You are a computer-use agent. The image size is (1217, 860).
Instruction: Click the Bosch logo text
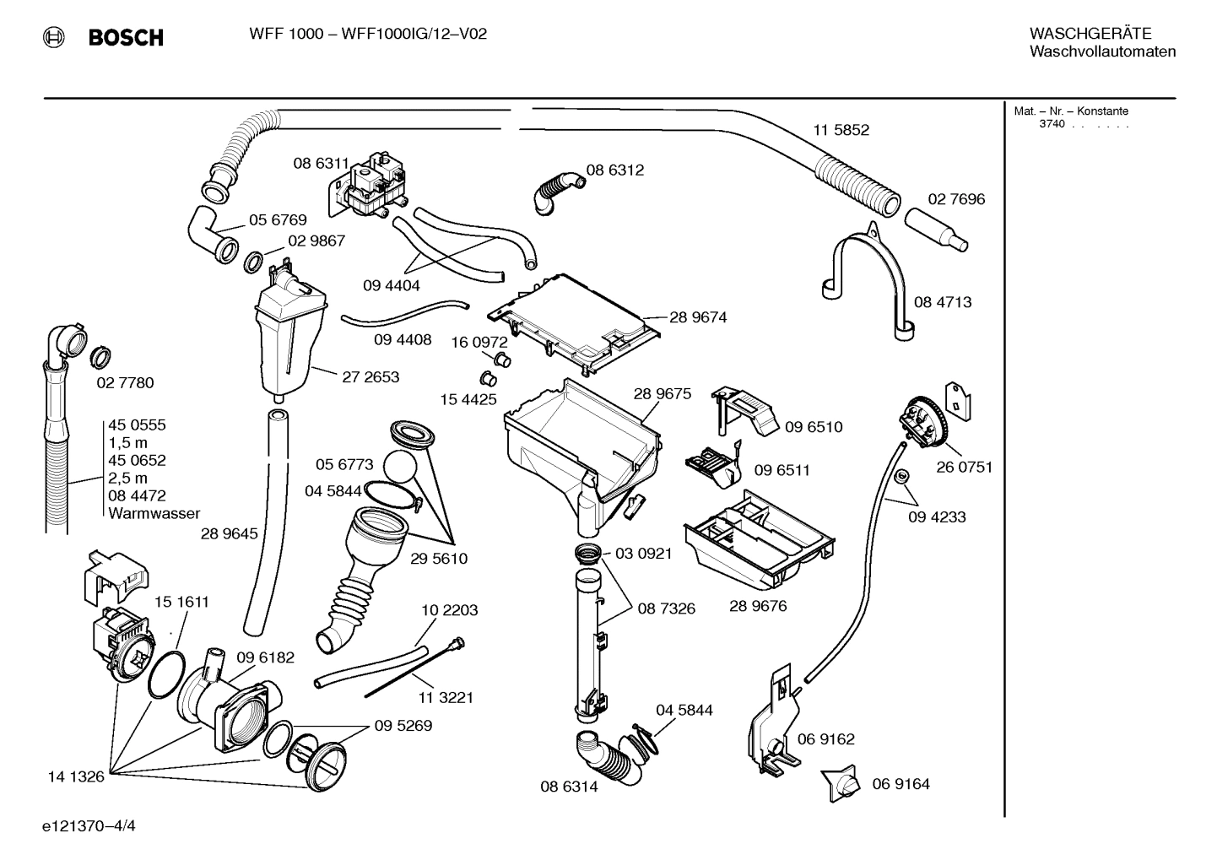126,38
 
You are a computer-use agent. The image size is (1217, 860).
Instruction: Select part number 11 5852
841,130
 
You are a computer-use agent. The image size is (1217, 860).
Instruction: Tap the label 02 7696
956,199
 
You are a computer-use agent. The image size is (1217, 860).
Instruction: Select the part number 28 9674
698,317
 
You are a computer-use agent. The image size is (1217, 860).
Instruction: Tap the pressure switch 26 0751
922,425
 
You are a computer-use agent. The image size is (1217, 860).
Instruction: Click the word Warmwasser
154,513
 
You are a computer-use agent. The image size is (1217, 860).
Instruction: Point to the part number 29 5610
439,559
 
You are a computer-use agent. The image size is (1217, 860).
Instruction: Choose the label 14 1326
76,776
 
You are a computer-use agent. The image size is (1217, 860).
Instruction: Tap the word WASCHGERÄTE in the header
1090,33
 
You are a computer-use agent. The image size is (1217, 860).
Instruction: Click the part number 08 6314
569,787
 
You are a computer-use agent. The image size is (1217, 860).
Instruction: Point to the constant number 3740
1052,124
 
